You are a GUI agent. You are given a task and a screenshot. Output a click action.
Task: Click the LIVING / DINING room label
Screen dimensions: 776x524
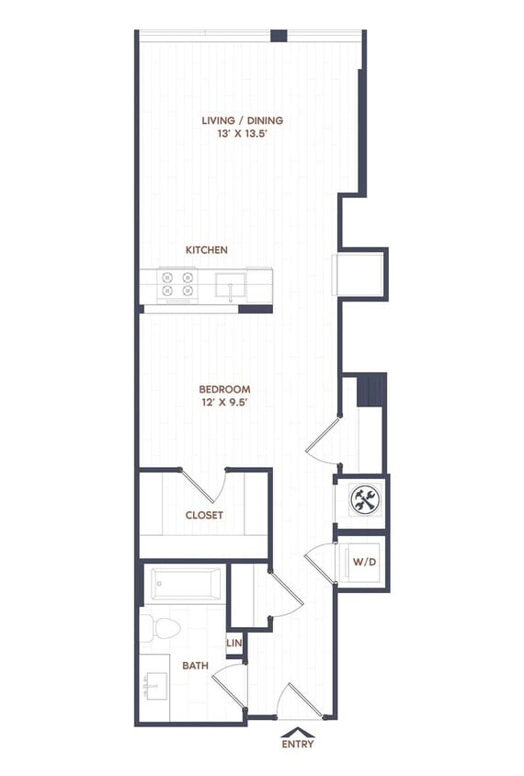[x=242, y=120]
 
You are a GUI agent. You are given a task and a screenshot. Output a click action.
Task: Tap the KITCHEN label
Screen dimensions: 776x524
[x=207, y=250]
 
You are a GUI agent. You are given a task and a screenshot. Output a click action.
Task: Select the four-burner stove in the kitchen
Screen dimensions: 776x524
[x=177, y=284]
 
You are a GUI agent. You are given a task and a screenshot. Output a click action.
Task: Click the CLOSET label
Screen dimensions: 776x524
[x=204, y=516]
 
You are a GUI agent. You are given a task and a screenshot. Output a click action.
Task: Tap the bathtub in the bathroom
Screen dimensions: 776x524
[x=186, y=584]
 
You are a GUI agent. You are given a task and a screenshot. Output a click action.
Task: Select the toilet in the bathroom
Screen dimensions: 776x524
[x=164, y=630]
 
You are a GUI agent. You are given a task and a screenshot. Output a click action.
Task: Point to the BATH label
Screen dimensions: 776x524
[x=194, y=665]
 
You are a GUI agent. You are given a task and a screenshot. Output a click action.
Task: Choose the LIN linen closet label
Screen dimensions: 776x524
[x=234, y=644]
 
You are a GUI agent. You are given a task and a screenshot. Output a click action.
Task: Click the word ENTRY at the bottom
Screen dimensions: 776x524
[x=297, y=744]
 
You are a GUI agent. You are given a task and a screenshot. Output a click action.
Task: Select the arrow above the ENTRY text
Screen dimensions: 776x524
[x=297, y=732]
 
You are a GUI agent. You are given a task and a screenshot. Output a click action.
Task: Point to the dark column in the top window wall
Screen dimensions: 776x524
[x=279, y=36]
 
